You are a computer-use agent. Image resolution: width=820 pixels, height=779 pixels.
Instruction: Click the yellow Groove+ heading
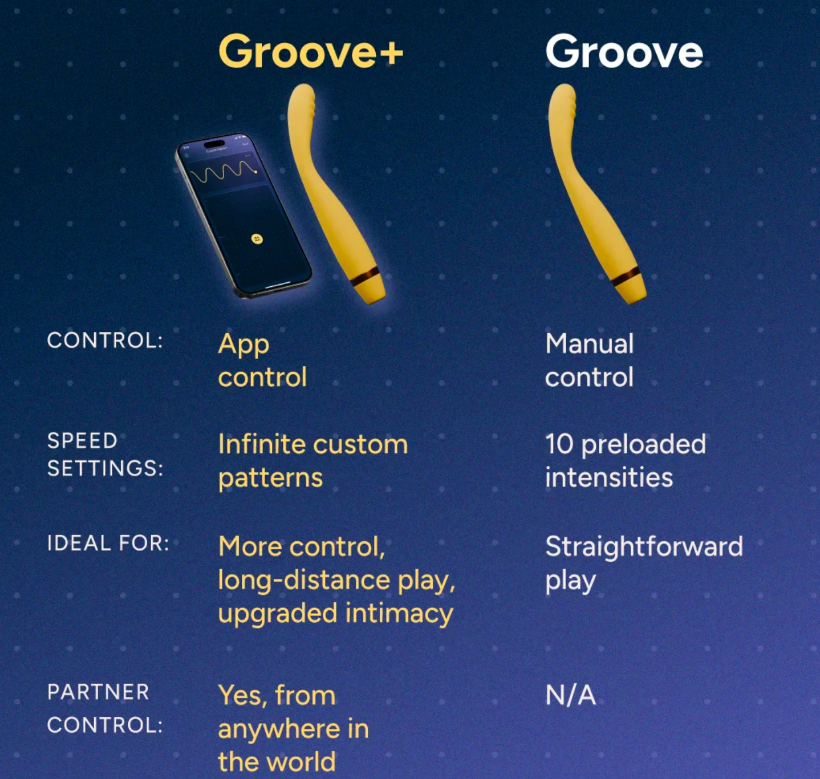coord(311,51)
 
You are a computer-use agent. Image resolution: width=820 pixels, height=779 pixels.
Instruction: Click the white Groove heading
coord(624,51)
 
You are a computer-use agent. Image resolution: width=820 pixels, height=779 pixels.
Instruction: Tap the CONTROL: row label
coord(105,340)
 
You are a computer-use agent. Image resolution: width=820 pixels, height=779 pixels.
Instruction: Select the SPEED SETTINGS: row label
coord(105,454)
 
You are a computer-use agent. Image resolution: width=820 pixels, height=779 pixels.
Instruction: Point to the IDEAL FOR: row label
coord(108,543)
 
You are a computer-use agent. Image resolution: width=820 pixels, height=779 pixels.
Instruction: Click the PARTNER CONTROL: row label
coord(105,708)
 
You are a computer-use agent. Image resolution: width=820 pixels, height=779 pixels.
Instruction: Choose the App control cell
coord(262,360)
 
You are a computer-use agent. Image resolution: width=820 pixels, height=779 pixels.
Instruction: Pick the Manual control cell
coord(590,360)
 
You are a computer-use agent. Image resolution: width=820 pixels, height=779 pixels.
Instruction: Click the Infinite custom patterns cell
coord(313,461)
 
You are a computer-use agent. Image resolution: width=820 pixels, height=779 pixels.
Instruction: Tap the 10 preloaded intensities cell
coord(626,461)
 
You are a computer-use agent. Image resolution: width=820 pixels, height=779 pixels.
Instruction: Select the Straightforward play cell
coord(644,563)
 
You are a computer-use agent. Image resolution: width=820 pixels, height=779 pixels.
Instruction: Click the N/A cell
coord(571,696)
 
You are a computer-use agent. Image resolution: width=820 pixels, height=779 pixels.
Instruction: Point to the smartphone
coord(244,216)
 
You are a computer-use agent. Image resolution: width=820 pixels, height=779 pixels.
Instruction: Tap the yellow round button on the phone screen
coord(257,239)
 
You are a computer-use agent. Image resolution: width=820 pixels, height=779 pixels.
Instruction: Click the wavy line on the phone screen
coord(223,171)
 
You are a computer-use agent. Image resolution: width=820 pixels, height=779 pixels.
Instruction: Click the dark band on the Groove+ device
coord(366,277)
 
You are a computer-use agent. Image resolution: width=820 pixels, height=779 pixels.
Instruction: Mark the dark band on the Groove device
coord(627,277)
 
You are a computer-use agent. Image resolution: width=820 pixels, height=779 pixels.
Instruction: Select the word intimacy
coord(399,614)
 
